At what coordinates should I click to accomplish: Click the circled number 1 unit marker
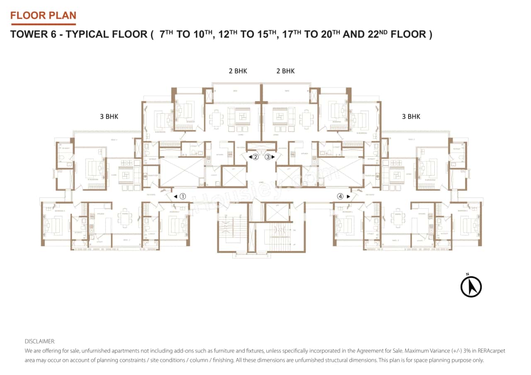pos(183,196)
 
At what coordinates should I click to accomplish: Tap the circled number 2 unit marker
pos(256,157)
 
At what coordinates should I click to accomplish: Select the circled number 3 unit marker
pos(268,157)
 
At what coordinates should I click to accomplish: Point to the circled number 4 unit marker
pos(340,196)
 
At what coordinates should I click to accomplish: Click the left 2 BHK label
pos(238,71)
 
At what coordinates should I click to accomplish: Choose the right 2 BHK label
pos(285,71)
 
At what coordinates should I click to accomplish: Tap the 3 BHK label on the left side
pos(109,116)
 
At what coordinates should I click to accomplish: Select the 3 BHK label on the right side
pos(411,116)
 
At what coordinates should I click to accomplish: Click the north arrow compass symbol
pos(471,286)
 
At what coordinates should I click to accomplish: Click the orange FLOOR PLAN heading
pos(43,16)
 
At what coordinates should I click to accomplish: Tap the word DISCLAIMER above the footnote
pos(40,341)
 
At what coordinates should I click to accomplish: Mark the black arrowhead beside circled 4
pos(348,196)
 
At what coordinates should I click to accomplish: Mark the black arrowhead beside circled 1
pos(175,196)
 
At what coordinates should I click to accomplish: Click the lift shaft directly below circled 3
pos(289,175)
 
